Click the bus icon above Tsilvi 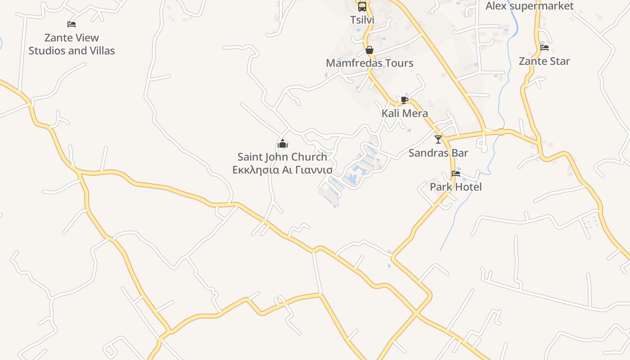coord(362,6)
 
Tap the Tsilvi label coord(362,20)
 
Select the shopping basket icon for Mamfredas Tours coord(369,49)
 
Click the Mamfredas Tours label coord(369,63)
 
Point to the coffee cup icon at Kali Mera coord(404,99)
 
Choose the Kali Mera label coord(405,113)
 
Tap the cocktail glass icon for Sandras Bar coord(438,139)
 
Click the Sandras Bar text coord(438,153)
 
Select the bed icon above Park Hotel coord(456,173)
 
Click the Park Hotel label coord(455,187)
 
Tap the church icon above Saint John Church coord(283,144)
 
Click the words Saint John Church coord(282,157)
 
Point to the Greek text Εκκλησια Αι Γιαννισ coord(282,170)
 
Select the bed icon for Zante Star coord(544,47)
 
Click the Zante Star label coord(544,61)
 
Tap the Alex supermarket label coord(530,6)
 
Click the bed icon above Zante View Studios coord(72,24)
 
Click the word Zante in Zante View coord(57,38)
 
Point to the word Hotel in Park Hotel coord(468,187)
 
